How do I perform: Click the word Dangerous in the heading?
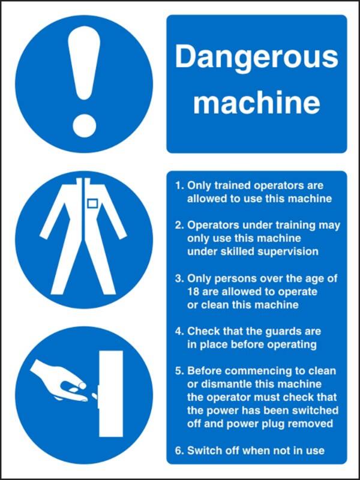(x=256, y=58)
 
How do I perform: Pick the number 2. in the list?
(x=179, y=226)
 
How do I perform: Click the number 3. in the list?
(x=179, y=278)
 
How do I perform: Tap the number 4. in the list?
(x=179, y=331)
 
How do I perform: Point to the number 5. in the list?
(x=179, y=370)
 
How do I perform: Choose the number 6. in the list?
(x=179, y=450)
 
